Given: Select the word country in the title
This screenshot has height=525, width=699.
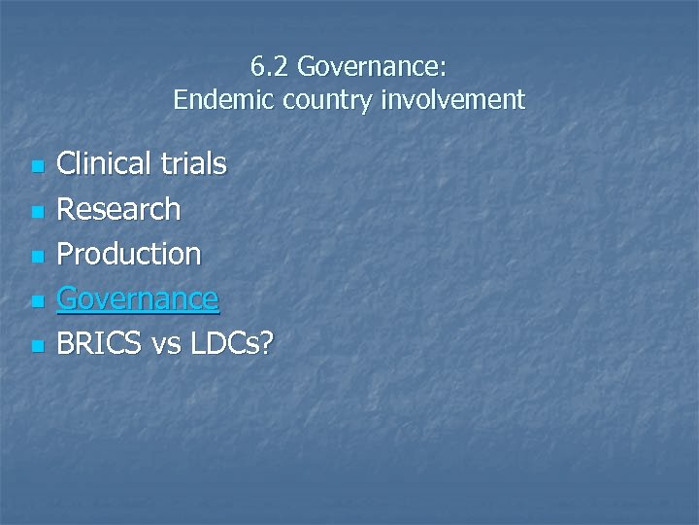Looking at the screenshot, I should [x=314, y=99].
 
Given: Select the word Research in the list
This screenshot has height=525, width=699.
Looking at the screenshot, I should [x=118, y=208].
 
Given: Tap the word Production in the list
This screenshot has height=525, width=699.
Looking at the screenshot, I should [x=129, y=254].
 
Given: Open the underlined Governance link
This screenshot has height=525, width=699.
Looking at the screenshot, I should [x=138, y=298].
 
